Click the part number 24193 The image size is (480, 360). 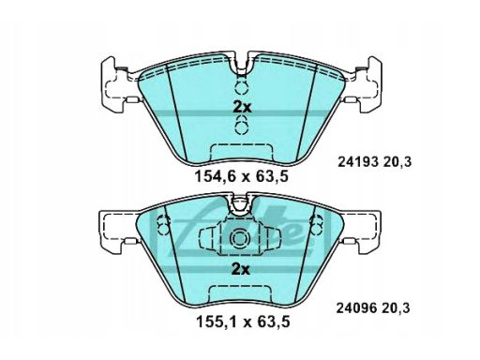point(358,162)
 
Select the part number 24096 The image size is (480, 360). point(356,308)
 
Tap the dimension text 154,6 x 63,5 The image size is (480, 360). point(241,176)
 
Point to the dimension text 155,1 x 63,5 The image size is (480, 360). point(243,322)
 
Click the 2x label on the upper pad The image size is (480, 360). point(242,108)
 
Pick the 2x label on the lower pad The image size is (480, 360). point(240,269)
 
